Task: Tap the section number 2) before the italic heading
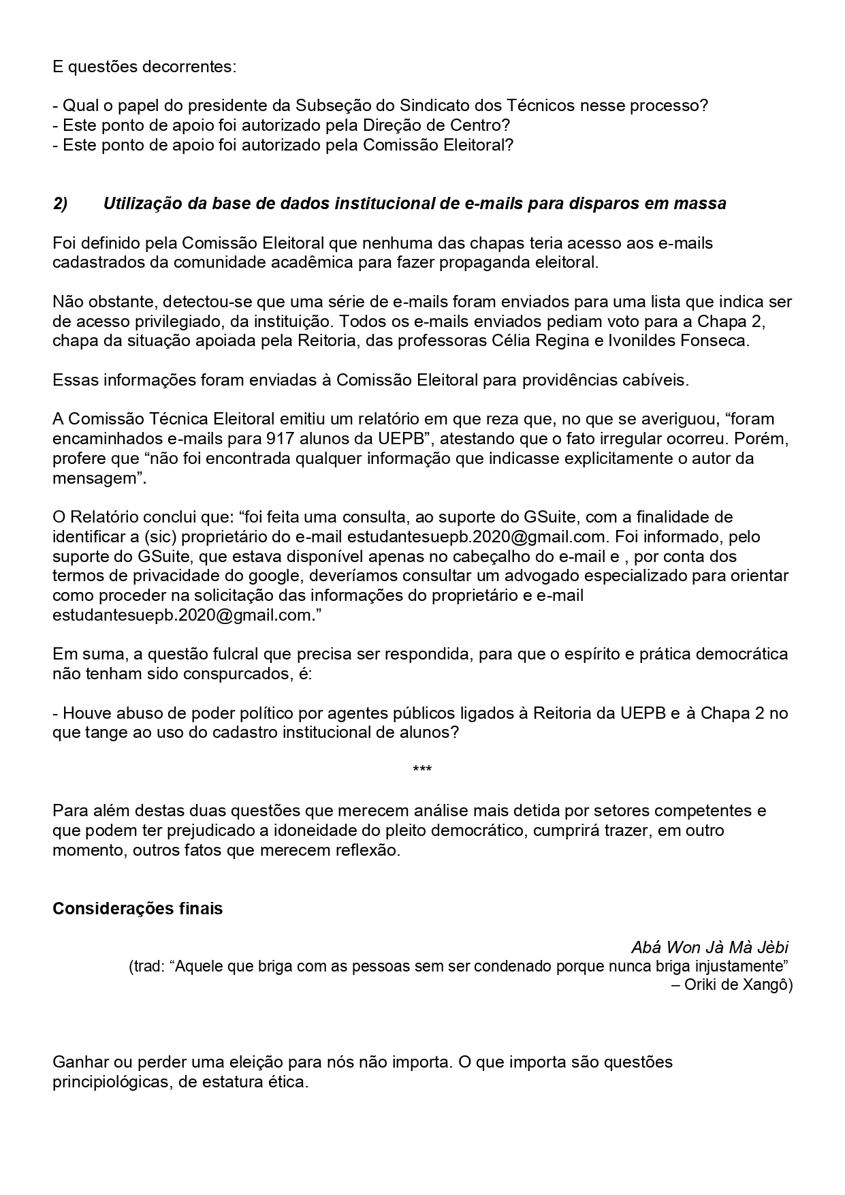(60, 204)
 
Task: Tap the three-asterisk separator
(422, 771)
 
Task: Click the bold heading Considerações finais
(138, 910)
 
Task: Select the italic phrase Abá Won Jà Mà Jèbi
(710, 948)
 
